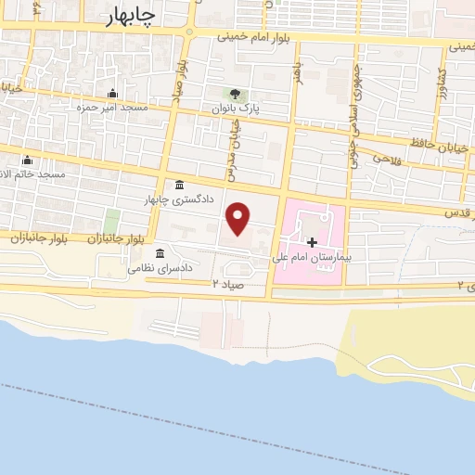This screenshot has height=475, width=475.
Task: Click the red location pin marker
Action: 239,219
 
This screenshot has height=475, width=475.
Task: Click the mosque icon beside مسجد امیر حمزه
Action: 113,94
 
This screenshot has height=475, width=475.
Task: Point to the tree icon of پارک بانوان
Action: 234,94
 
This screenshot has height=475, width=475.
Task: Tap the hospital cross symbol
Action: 313,241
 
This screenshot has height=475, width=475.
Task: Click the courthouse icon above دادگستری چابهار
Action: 178,184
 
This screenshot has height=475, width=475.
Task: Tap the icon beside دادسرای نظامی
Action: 160,253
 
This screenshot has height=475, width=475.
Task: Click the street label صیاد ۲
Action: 227,283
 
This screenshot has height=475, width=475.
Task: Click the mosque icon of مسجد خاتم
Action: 27,160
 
